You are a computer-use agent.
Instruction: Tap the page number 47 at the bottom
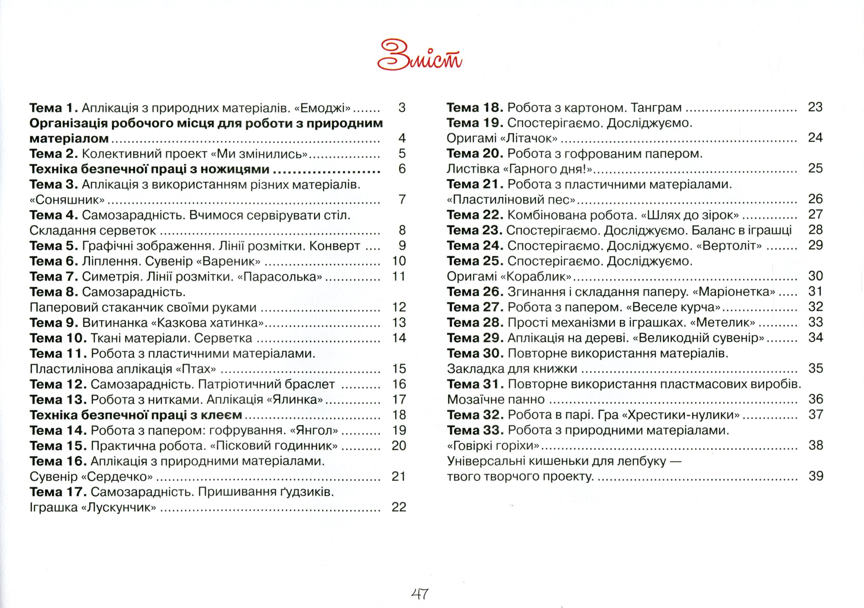(420, 594)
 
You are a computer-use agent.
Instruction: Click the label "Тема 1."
(53, 108)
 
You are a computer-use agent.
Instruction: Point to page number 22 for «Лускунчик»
(399, 507)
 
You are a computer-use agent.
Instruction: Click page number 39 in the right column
(816, 476)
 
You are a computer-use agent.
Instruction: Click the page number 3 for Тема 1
(402, 108)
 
